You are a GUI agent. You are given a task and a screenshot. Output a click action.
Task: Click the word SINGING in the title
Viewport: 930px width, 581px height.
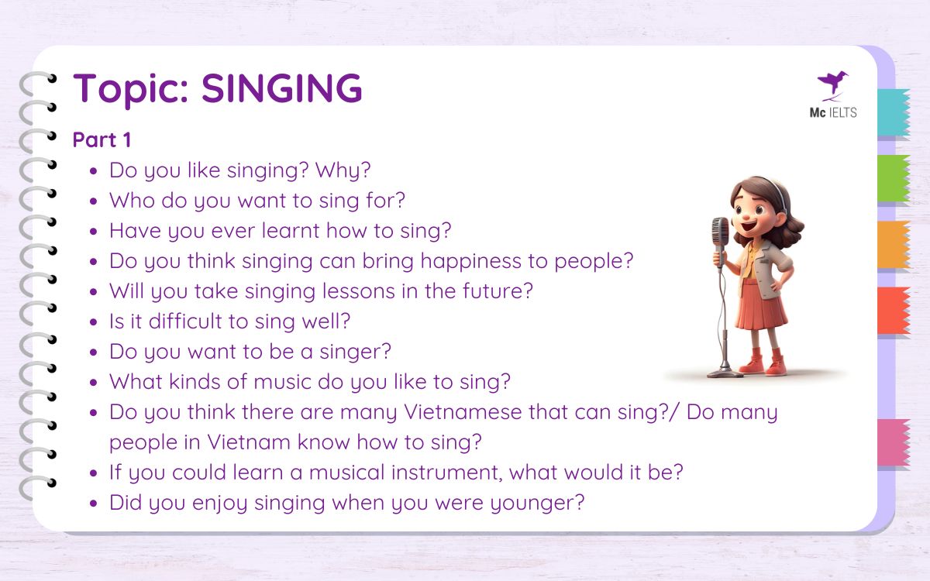click(x=281, y=88)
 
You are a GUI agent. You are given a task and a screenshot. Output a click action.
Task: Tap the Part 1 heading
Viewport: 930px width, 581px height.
click(x=102, y=140)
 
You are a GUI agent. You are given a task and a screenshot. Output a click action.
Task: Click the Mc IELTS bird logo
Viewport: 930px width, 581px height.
click(x=832, y=84)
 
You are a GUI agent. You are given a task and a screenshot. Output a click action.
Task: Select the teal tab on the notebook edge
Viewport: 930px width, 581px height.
click(x=893, y=113)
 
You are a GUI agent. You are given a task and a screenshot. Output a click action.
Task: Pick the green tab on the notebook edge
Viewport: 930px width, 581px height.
click(x=893, y=179)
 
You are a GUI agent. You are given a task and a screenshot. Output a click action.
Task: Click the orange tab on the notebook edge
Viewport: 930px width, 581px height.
click(x=893, y=245)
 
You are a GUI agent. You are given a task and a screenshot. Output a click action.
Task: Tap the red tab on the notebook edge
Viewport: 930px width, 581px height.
click(x=893, y=311)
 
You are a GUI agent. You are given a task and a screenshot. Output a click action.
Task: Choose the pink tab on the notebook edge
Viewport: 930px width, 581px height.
click(x=893, y=442)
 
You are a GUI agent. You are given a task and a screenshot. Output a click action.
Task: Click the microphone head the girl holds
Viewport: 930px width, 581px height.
click(x=721, y=232)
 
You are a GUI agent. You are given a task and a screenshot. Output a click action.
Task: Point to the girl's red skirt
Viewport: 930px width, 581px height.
click(x=761, y=305)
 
